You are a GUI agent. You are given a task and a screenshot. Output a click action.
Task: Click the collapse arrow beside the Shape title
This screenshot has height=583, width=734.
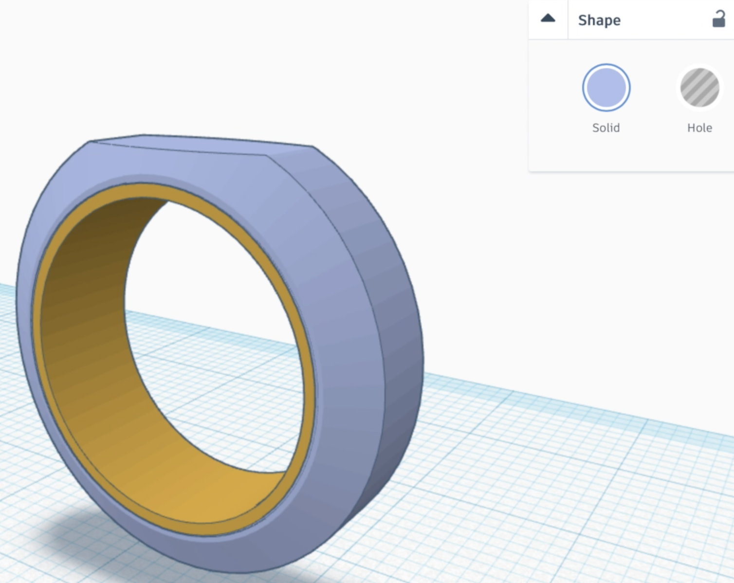[x=548, y=18]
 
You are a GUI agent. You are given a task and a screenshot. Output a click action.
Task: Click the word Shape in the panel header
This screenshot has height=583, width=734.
[x=599, y=20]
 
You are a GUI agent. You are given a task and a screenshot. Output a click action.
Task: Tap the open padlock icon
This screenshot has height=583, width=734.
[x=718, y=19]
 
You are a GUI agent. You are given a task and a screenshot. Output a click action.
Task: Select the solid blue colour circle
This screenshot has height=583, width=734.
[x=606, y=88]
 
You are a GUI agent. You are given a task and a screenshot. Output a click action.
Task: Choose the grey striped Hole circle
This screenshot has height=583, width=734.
[x=699, y=88]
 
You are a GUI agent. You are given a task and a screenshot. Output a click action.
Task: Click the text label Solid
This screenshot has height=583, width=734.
[x=606, y=128]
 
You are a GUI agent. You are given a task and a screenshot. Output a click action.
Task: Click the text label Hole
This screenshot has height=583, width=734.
[x=699, y=128]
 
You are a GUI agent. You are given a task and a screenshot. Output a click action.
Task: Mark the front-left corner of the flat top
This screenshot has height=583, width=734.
[x=92, y=142]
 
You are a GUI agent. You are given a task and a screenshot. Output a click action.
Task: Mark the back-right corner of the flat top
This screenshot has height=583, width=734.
[x=312, y=146]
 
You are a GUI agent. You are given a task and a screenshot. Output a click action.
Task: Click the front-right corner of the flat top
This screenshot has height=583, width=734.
[x=267, y=156]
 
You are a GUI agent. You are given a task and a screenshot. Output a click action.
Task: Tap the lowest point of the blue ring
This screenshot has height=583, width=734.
[x=243, y=572]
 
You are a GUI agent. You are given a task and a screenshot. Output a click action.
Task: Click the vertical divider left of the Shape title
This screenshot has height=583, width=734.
[x=568, y=19]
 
